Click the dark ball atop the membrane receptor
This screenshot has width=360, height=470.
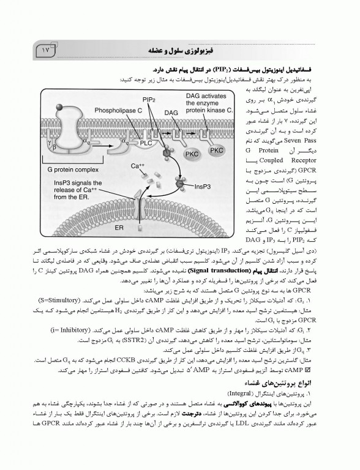click(57, 105)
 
